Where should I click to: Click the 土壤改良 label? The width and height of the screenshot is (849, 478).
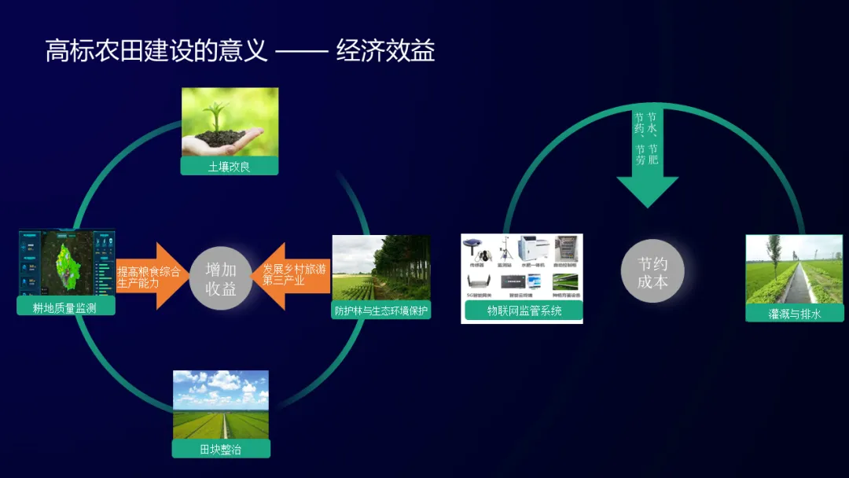[x=230, y=166]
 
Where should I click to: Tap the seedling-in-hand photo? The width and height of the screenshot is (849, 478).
[x=230, y=122]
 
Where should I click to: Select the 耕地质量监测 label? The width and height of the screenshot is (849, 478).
[x=65, y=307]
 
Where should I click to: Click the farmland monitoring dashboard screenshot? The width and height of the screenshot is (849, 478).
[x=66, y=263]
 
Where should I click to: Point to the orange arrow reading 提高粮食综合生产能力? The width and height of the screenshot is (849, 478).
[x=150, y=277]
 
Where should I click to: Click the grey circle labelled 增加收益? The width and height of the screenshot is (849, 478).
[x=221, y=278]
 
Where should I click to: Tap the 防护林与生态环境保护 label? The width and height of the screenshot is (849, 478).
[x=381, y=311]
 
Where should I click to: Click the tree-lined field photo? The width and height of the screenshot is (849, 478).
[x=381, y=267]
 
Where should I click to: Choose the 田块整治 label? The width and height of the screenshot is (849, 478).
[x=221, y=448]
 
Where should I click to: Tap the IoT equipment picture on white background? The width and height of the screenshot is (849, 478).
[x=523, y=267]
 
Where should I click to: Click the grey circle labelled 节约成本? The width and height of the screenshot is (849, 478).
[x=652, y=271]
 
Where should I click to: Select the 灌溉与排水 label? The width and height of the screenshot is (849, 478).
[x=794, y=313]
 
